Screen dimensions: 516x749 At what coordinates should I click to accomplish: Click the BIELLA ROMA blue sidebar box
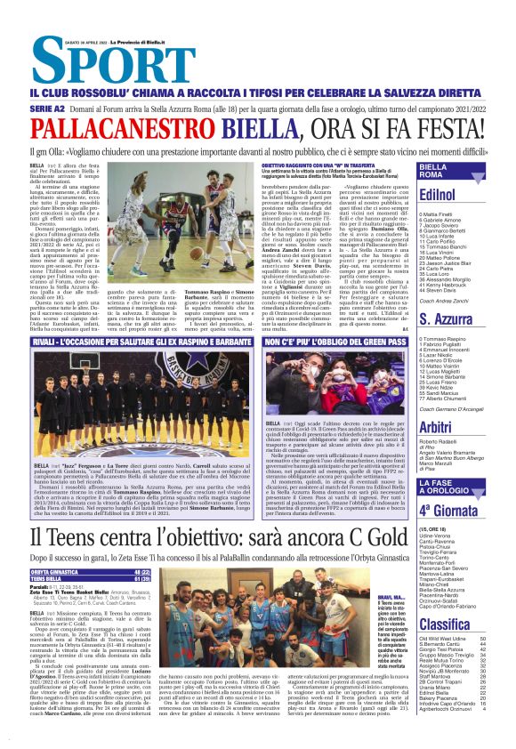[x=457, y=172]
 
